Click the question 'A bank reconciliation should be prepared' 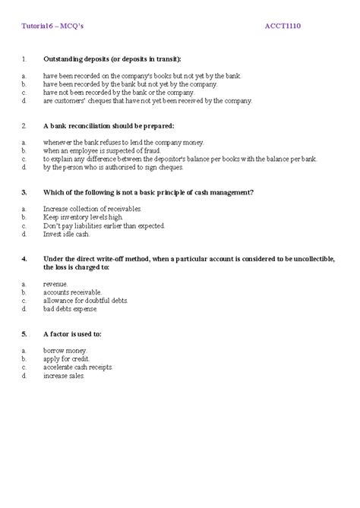(x=109, y=125)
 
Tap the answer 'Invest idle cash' (x=68, y=234)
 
